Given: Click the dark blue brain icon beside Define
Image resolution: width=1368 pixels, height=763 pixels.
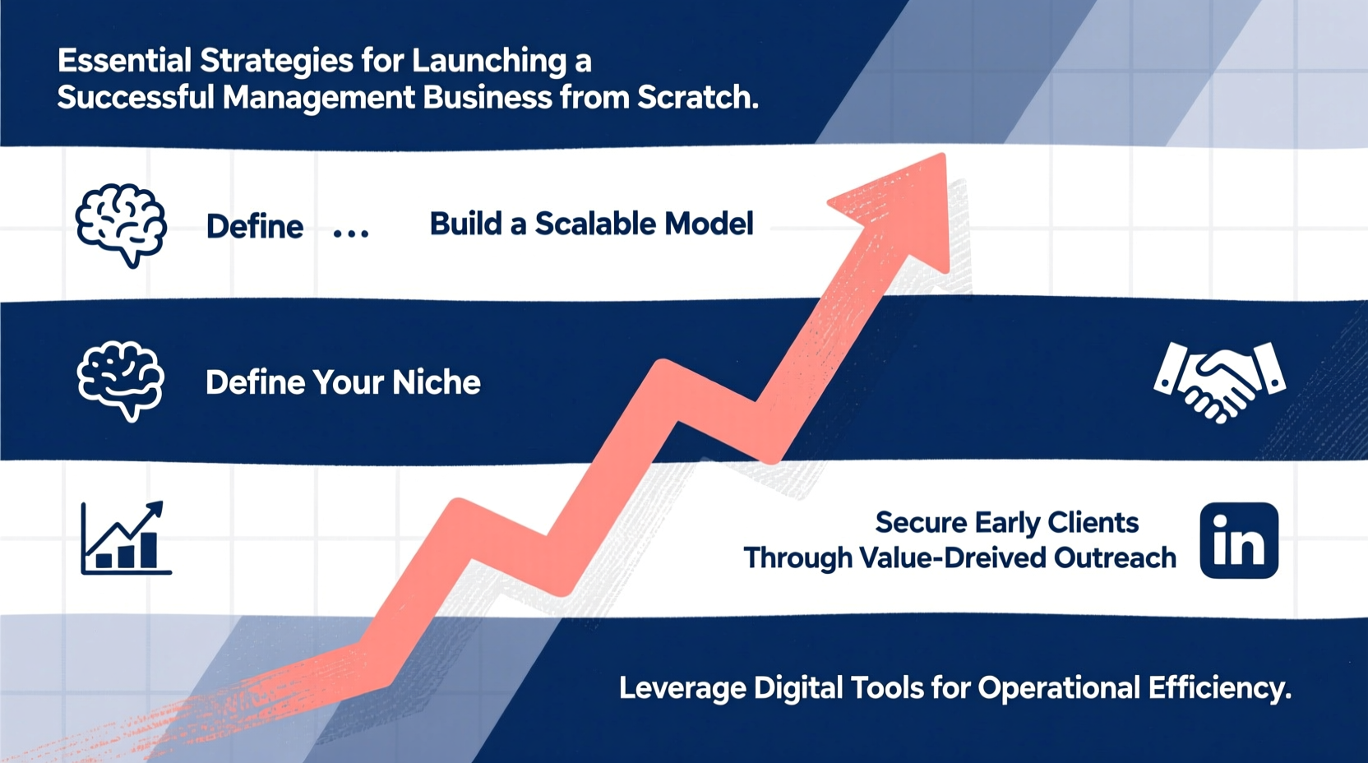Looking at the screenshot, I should coord(121,224).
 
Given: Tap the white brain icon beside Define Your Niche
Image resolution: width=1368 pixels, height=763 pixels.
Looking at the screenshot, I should coord(121,381).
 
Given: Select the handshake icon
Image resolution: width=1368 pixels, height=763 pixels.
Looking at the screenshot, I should coord(1220,381).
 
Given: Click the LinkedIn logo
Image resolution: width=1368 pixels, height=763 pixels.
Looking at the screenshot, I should coord(1239,541).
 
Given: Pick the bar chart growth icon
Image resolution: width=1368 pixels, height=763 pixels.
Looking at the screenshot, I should coord(126,539).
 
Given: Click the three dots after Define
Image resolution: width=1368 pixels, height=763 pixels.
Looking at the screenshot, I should coord(351,234).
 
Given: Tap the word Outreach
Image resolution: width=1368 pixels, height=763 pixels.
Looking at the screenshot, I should coord(1115,558).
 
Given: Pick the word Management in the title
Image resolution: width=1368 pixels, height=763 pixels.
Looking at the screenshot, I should coord(319,98).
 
